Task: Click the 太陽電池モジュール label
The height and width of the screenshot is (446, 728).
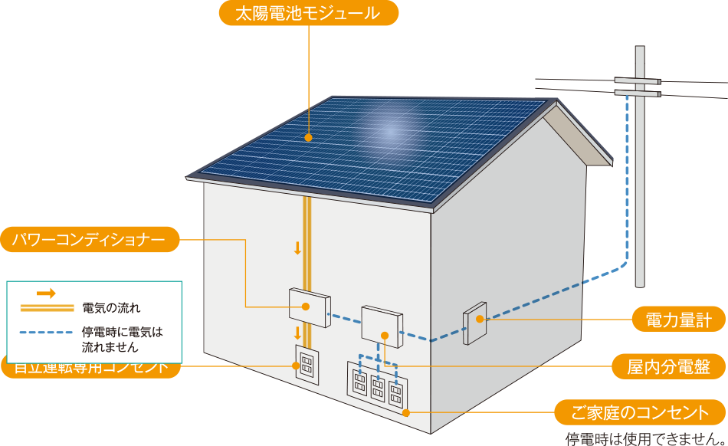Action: (309, 13)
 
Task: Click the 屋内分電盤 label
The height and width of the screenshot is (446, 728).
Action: (670, 367)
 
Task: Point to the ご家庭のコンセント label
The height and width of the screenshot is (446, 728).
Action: (641, 412)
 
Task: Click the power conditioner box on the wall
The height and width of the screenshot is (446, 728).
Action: (309, 304)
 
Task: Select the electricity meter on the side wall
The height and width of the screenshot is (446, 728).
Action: (474, 326)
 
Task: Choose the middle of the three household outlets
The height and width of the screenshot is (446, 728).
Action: (378, 386)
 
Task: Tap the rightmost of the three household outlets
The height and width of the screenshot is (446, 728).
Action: (396, 392)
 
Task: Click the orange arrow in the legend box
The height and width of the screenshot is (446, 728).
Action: (46, 294)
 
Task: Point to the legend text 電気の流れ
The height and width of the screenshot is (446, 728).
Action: (111, 308)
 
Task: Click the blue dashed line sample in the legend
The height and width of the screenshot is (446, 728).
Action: (46, 333)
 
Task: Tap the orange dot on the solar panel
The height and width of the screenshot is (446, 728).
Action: (308, 138)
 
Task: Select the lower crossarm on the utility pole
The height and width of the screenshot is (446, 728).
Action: (637, 93)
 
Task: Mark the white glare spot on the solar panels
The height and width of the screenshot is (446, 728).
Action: (390, 130)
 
